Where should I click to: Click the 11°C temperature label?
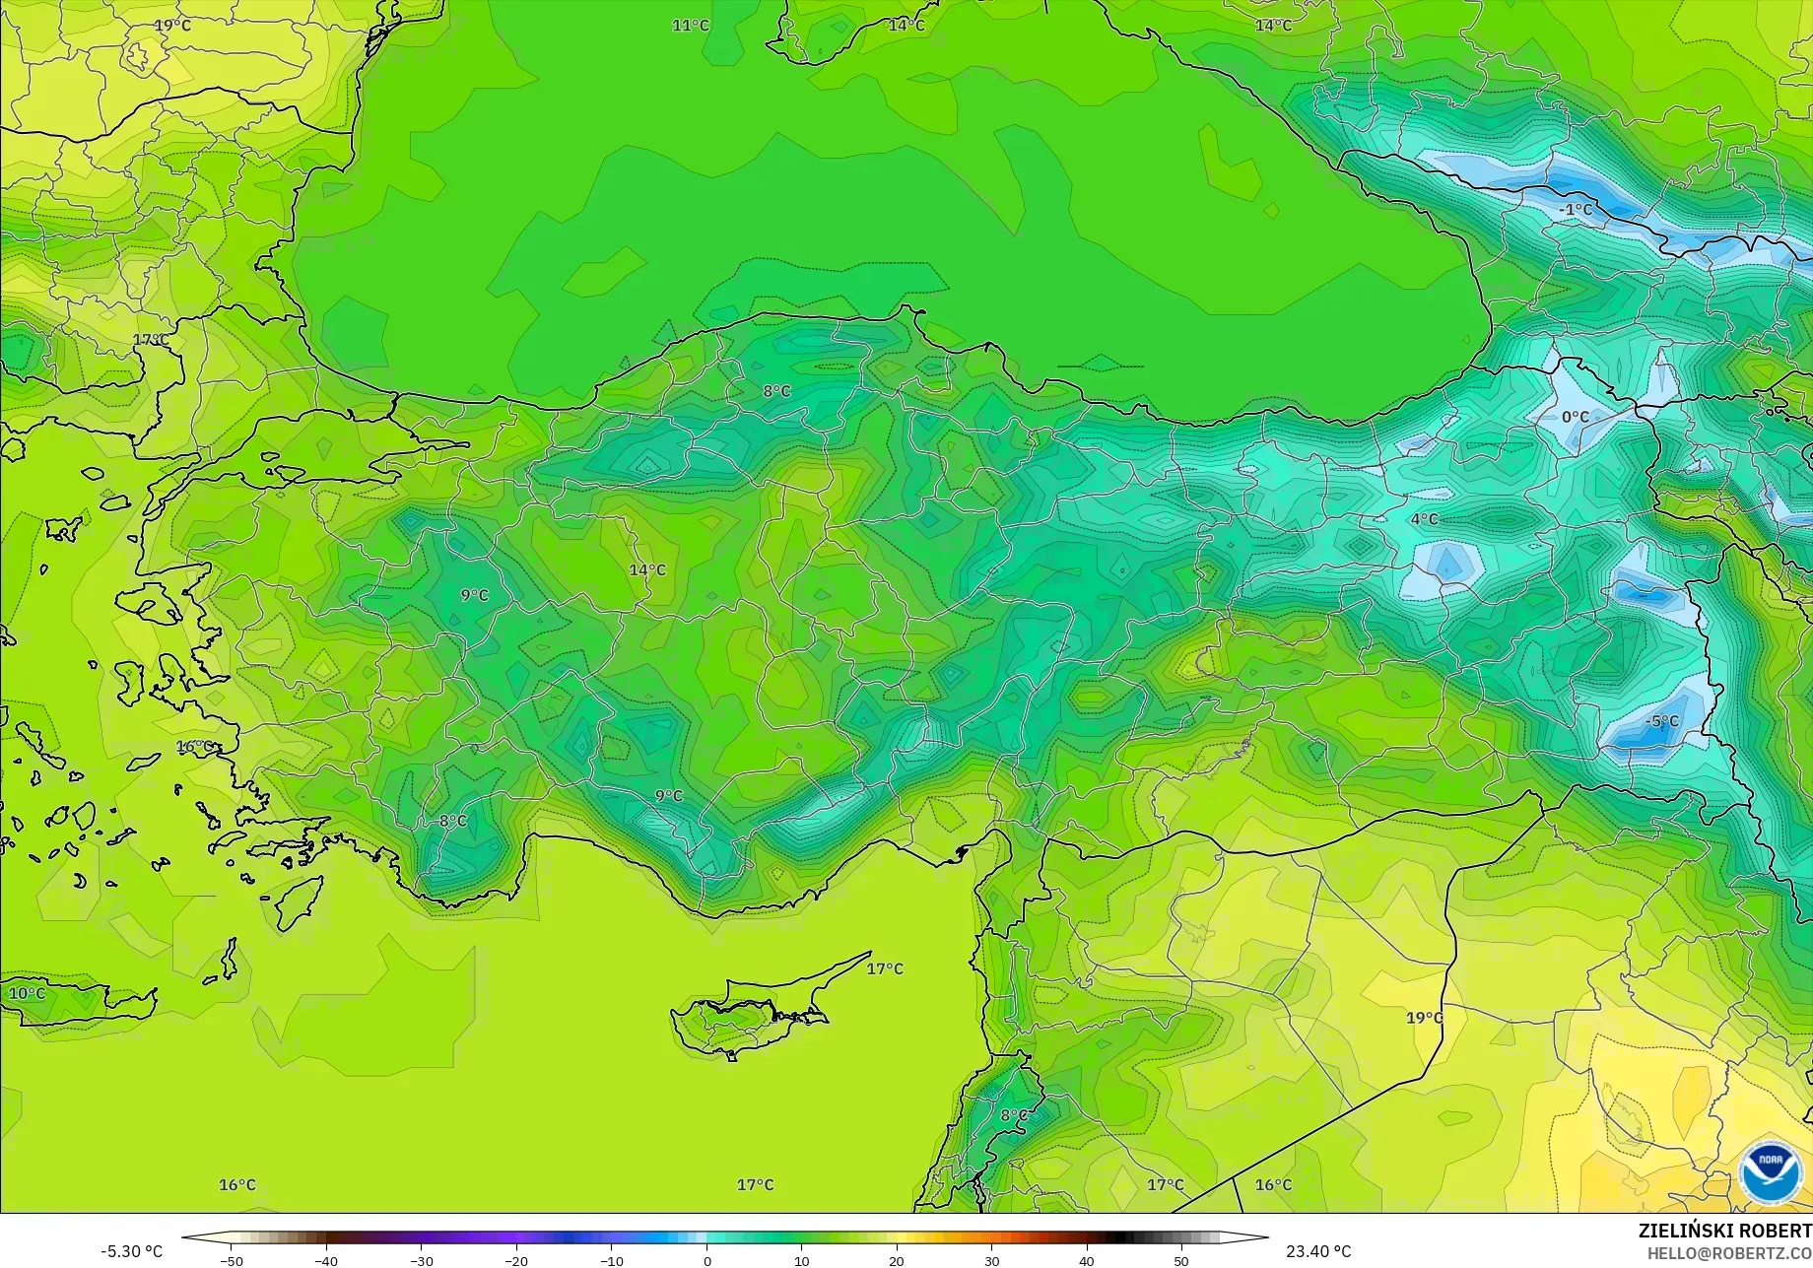tap(690, 26)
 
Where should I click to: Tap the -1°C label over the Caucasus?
tap(1576, 210)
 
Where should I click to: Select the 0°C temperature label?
tap(1575, 417)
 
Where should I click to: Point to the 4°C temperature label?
tap(1424, 519)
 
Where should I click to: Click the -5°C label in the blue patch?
tap(1661, 721)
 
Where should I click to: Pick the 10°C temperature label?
tap(27, 993)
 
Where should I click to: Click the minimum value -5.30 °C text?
tap(131, 1251)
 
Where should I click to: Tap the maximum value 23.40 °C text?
tap(1318, 1251)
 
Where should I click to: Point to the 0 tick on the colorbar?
tap(706, 1261)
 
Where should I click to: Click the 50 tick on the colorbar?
tap(1181, 1261)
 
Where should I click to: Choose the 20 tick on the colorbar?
tap(897, 1261)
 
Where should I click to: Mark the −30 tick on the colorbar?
tap(421, 1261)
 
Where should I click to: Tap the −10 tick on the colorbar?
tap(611, 1261)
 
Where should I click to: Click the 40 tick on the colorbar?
tap(1086, 1261)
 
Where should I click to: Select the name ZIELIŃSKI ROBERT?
tap(1724, 1231)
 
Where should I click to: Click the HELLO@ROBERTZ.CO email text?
tap(1729, 1252)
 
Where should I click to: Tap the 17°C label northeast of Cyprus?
tap(884, 968)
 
